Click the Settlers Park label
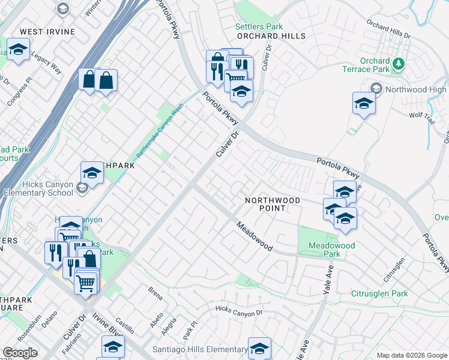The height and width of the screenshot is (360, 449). (x=259, y=27)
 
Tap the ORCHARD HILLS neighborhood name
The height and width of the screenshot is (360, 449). (x=271, y=36)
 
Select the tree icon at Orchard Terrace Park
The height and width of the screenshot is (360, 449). (x=397, y=64)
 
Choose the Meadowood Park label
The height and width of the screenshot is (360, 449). (x=331, y=250)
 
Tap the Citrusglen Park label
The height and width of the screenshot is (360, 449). (x=379, y=293)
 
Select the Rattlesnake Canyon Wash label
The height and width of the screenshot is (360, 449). (x=160, y=133)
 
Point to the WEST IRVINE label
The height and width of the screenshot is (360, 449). (x=47, y=31)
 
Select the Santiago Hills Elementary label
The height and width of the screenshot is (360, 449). (x=201, y=349)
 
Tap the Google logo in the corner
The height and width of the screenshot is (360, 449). (x=20, y=353)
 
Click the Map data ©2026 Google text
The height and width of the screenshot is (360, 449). (x=411, y=355)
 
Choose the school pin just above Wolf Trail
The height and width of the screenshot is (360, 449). (x=364, y=104)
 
